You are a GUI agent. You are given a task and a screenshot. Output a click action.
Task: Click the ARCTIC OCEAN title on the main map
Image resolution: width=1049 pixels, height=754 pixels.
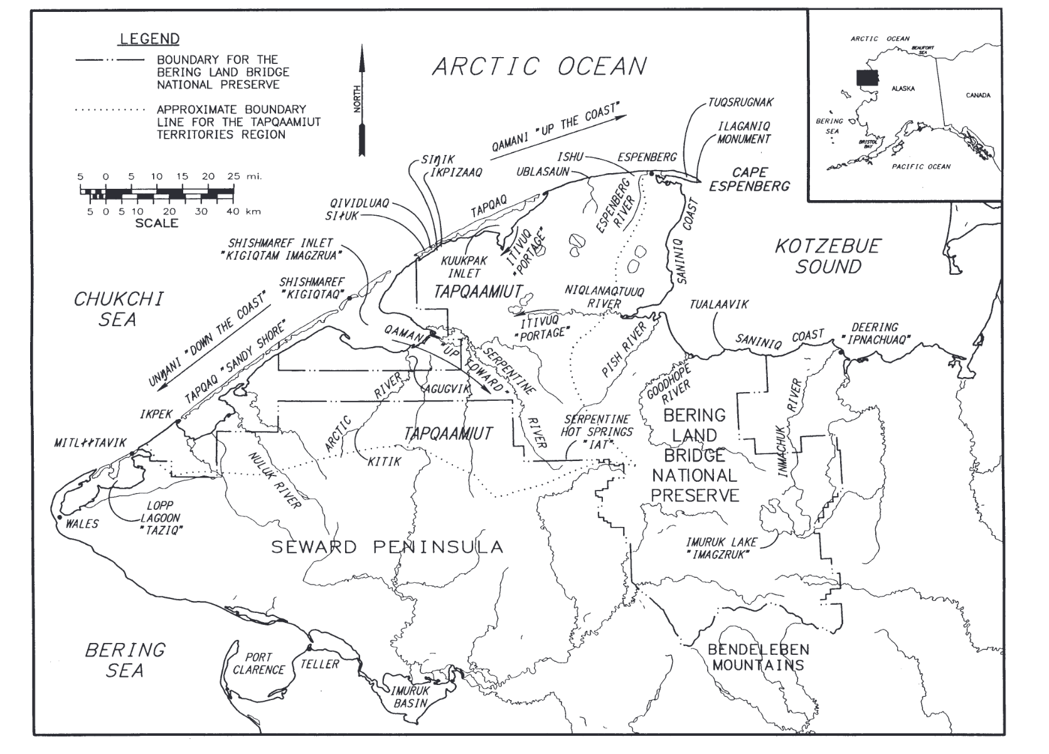[x=540, y=66]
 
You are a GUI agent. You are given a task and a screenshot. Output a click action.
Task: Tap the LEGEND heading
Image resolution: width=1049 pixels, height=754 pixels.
[x=149, y=39]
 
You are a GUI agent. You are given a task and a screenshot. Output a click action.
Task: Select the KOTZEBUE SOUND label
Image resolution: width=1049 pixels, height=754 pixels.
[x=828, y=256]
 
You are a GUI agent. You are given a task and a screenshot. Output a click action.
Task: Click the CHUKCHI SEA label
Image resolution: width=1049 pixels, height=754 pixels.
[x=118, y=309]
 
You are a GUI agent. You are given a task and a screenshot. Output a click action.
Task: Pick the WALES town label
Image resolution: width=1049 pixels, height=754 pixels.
[x=82, y=524]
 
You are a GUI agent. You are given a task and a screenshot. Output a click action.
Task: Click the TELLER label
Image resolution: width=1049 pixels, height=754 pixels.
[x=320, y=664]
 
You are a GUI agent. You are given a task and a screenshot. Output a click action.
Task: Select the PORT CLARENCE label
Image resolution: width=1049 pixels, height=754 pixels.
[x=258, y=663]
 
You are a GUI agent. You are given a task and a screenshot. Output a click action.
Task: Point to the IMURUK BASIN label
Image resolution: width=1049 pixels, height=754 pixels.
[x=411, y=696]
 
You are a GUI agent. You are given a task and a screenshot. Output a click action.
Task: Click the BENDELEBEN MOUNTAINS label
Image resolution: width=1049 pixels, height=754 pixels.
[x=758, y=657]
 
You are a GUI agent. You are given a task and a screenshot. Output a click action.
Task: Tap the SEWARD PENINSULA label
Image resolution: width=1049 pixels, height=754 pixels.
[x=387, y=547]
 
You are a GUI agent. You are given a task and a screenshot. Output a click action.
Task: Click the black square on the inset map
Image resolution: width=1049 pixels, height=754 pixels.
[x=867, y=77]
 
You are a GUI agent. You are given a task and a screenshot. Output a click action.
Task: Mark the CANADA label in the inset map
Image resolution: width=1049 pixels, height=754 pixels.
[x=978, y=95]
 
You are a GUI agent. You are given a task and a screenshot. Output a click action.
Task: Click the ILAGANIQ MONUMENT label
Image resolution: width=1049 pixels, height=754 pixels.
[x=744, y=132]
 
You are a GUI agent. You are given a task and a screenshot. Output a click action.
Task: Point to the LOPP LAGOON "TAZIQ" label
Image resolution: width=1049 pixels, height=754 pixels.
[x=160, y=518]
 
